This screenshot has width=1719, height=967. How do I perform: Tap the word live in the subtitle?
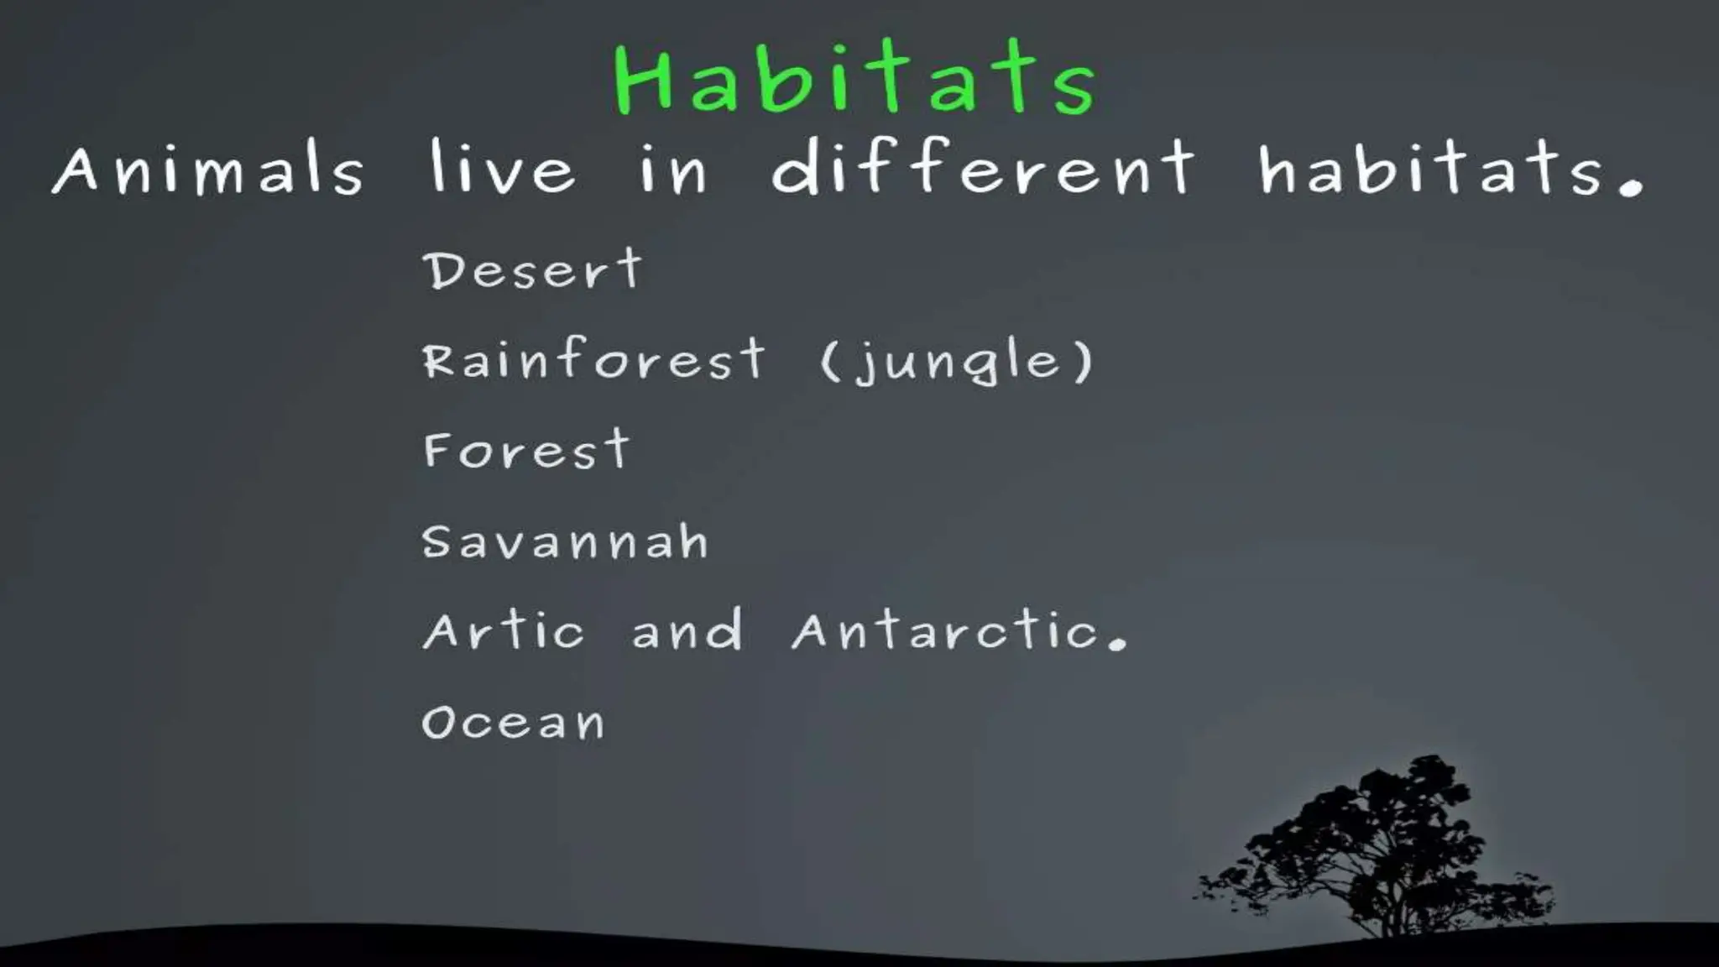[x=502, y=167]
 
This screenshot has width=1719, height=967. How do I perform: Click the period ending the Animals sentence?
[x=1630, y=186]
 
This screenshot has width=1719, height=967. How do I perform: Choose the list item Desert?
[x=533, y=270]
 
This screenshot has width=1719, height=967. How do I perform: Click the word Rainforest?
[x=593, y=360]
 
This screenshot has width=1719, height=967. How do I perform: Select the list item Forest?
[x=526, y=451]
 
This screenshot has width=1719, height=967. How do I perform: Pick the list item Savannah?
[x=565, y=541]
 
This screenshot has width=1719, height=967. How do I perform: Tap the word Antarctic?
[x=946, y=631]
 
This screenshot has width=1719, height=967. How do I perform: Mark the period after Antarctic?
[x=1117, y=644]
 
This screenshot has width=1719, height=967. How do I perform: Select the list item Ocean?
[x=513, y=723]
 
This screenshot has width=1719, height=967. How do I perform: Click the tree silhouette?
[x=1377, y=839]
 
